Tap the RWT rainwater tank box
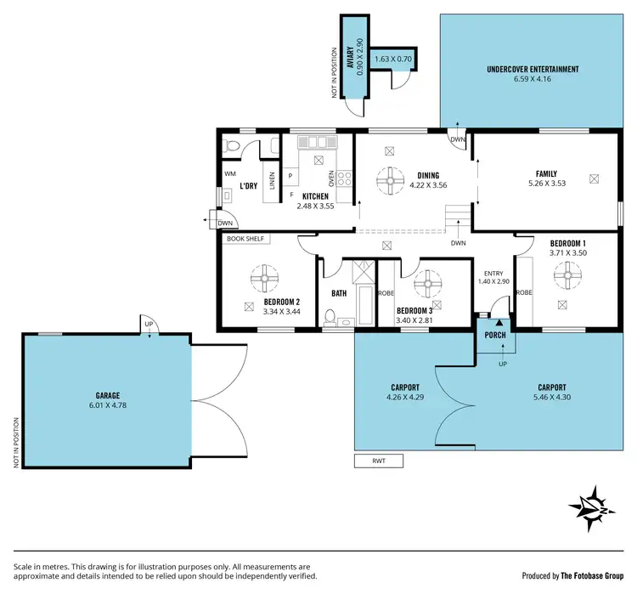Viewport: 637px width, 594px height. (378, 461)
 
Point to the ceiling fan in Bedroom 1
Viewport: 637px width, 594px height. (566, 274)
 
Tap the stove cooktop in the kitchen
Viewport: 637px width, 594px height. (346, 178)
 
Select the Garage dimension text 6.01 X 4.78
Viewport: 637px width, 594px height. (108, 405)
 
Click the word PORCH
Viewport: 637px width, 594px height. (495, 335)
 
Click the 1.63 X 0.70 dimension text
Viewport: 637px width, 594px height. (393, 59)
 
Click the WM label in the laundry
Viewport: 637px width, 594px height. (230, 174)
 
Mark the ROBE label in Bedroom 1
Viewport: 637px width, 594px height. (525, 291)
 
